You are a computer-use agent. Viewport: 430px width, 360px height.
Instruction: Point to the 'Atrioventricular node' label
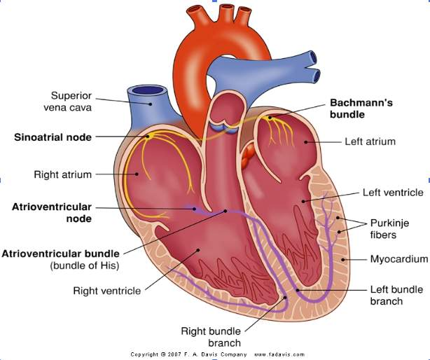click(x=52, y=213)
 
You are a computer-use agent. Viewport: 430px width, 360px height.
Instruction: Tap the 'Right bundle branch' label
click(x=211, y=335)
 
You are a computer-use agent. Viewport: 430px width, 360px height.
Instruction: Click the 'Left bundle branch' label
click(x=395, y=295)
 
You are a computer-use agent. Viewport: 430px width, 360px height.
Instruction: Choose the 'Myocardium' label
click(x=399, y=259)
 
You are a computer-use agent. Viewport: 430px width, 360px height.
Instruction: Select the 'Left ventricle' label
click(x=393, y=192)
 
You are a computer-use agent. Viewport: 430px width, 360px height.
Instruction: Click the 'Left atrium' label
click(x=370, y=141)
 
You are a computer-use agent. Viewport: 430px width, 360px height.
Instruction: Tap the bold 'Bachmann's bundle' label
click(x=361, y=108)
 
